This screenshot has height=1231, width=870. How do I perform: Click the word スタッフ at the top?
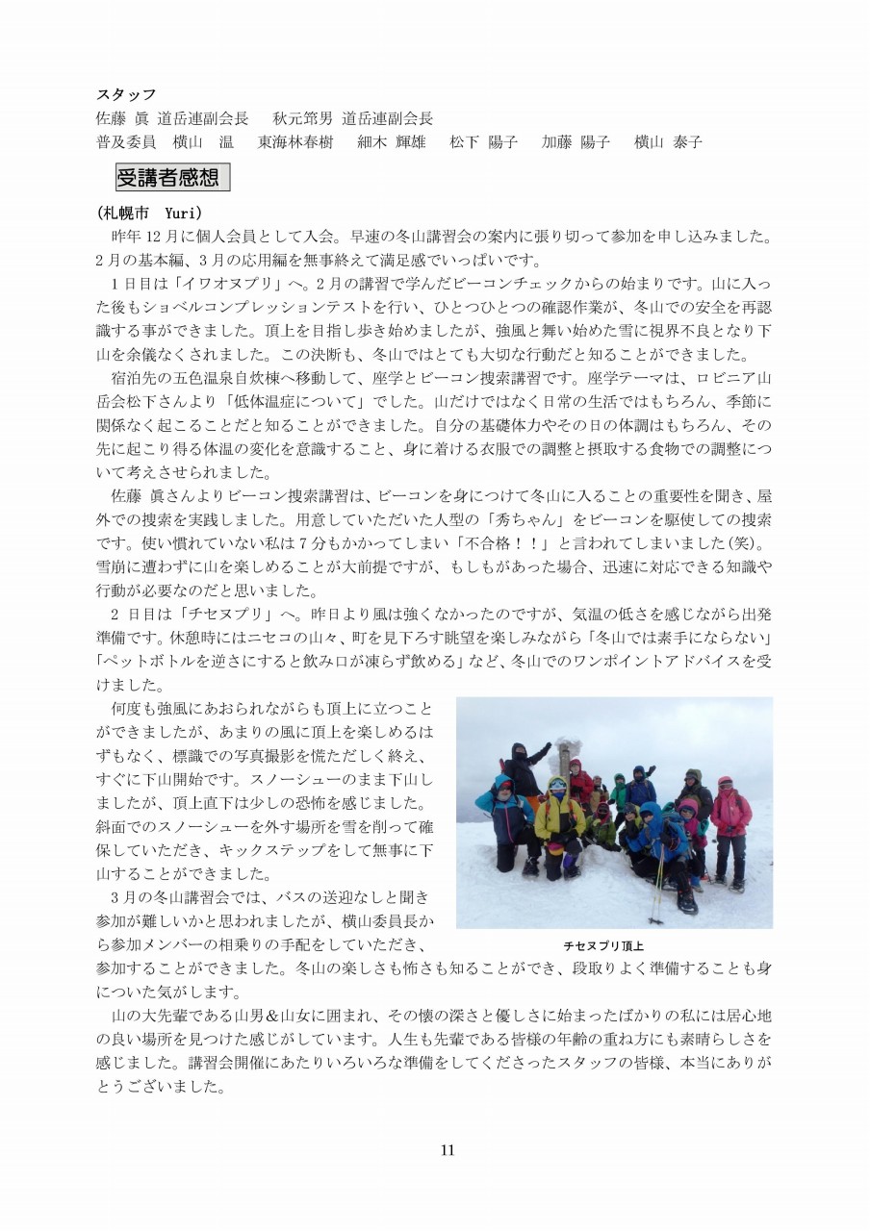pos(126,94)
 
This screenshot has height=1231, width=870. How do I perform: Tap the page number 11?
pos(447,1150)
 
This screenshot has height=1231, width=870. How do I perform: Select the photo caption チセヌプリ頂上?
pos(602,945)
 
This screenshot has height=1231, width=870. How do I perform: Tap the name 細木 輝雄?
pos(391,142)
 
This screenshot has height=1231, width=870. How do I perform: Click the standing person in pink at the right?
pos(731,817)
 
